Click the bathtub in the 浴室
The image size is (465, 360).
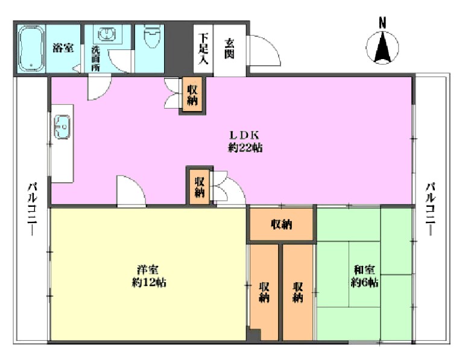coord(31,48)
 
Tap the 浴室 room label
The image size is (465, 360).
coord(63,48)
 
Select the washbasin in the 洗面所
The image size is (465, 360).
coord(106,34)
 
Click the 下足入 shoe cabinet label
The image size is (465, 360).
coord(203,48)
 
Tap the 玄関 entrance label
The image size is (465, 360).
coord(229,48)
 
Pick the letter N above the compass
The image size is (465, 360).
coord(382,23)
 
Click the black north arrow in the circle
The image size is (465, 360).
coord(382,48)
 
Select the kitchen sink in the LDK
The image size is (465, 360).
coord(62,127)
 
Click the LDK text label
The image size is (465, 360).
coord(245,136)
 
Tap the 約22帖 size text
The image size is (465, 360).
coord(245,147)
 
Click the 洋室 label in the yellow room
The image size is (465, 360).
coord(148,270)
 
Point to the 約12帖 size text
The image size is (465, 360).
coord(149,282)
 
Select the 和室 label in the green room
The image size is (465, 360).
coord(364,270)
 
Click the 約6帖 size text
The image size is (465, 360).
coord(364,282)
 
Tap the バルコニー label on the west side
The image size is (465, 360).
coord(33,209)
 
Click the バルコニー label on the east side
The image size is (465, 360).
coord(431,209)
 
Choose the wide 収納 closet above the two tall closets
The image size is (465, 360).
coord(282,224)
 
